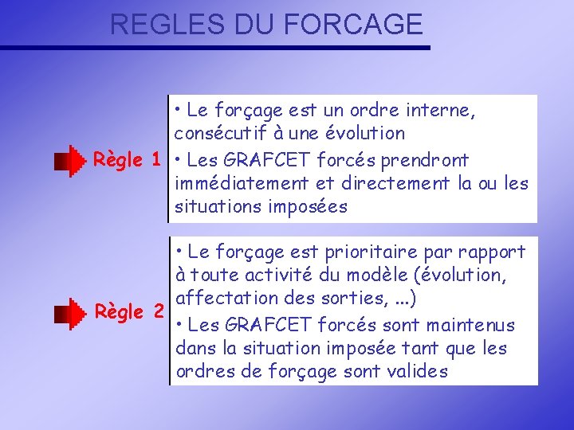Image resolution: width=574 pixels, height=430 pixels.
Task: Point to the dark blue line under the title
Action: tap(215, 48)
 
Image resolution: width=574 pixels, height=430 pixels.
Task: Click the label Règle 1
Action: tap(128, 159)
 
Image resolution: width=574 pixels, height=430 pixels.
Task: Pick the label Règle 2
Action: tap(128, 311)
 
